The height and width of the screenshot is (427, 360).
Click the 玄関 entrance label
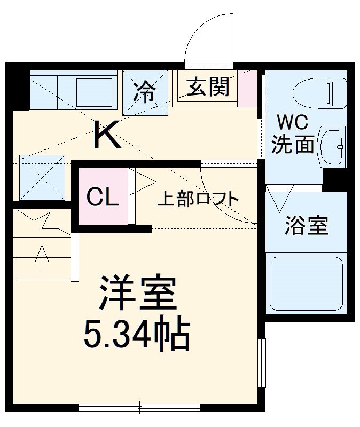208,86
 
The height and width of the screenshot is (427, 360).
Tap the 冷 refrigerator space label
144,92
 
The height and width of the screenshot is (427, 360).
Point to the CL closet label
103,197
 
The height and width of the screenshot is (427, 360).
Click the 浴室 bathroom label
306,226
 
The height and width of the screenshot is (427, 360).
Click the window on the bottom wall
139,408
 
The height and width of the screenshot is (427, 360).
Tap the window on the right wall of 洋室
261,362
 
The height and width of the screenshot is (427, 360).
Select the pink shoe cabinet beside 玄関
246,89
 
